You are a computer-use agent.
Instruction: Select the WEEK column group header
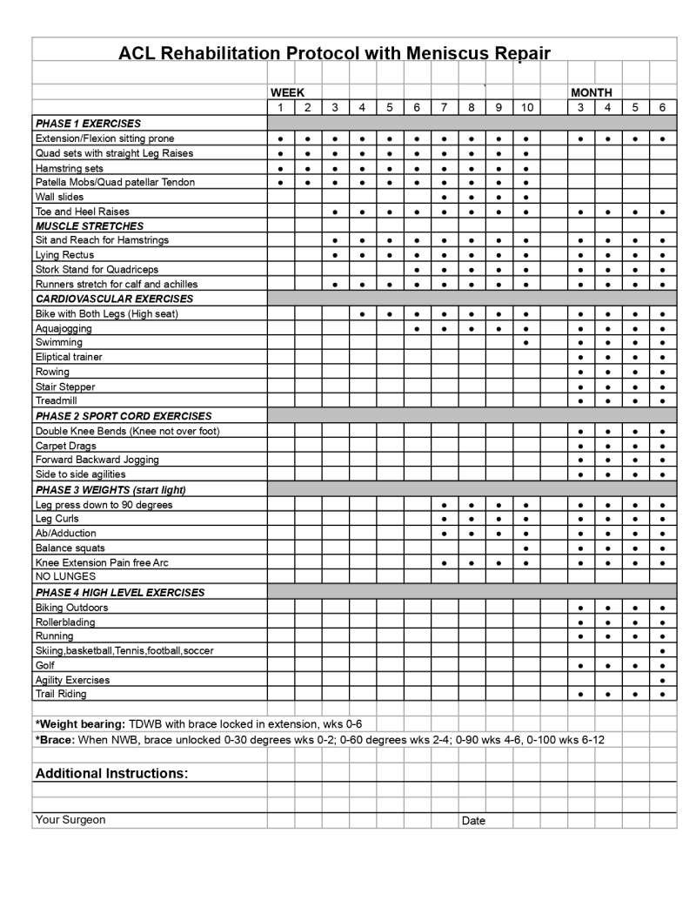click(287, 92)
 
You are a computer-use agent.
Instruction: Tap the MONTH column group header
click(592, 92)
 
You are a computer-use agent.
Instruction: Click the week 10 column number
click(527, 107)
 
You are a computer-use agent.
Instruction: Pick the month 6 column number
click(663, 107)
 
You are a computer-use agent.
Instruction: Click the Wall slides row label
click(60, 197)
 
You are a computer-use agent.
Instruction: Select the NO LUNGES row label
click(65, 576)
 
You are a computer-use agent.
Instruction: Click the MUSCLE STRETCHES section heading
click(90, 225)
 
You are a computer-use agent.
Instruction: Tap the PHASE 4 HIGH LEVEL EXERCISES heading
click(120, 592)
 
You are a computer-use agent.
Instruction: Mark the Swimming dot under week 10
click(527, 343)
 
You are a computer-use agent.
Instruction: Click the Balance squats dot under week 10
click(527, 548)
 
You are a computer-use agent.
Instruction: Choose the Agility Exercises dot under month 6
click(663, 680)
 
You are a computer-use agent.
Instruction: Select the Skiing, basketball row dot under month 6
click(663, 651)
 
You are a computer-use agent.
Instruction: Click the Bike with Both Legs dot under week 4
click(362, 314)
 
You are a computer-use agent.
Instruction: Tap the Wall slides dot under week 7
click(445, 198)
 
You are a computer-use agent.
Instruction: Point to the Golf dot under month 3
click(580, 666)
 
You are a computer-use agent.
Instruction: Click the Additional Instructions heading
click(111, 773)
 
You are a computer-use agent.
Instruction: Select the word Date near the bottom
click(473, 820)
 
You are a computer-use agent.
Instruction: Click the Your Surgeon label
click(70, 819)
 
